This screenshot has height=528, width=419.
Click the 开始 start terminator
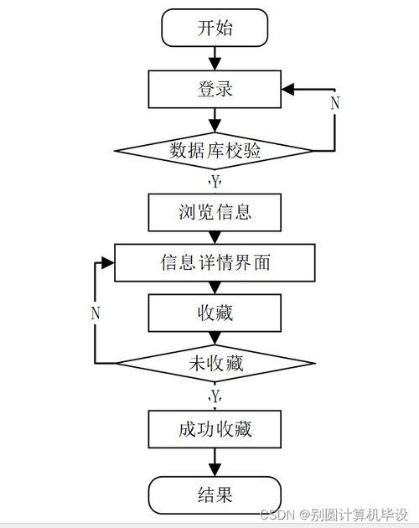pyautogui.click(x=215, y=28)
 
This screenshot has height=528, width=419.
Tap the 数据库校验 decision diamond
pyautogui.click(x=215, y=151)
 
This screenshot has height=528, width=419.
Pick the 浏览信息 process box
pyautogui.click(x=215, y=212)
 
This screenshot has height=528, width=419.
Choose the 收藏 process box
pyautogui.click(x=215, y=313)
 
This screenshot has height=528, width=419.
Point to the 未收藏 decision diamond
pyautogui.click(x=215, y=363)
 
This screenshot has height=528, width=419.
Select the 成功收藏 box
pyautogui.click(x=215, y=430)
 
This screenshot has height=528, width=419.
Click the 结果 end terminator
pyautogui.click(x=215, y=494)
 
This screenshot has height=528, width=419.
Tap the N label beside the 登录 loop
pyautogui.click(x=335, y=103)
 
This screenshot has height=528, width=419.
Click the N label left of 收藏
pyautogui.click(x=96, y=313)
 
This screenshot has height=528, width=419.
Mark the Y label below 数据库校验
pyautogui.click(x=215, y=181)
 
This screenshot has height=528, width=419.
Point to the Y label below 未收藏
pyautogui.click(x=215, y=395)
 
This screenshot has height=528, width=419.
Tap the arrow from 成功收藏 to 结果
pyautogui.click(x=215, y=463)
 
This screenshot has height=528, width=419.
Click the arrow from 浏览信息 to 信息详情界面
pyautogui.click(x=215, y=238)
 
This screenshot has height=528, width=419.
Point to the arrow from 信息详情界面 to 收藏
pyautogui.click(x=215, y=287)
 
